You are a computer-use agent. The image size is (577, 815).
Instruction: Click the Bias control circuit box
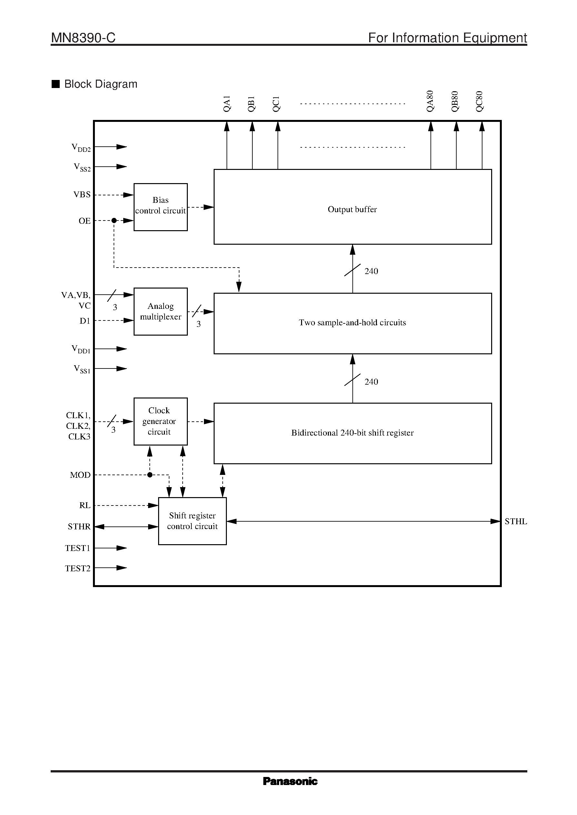(160, 207)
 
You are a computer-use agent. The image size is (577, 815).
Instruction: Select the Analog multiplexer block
(160, 311)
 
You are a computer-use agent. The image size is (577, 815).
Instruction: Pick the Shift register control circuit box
(192, 521)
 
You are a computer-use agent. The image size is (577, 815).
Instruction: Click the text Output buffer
(352, 210)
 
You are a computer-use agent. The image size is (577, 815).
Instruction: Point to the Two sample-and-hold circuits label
(352, 323)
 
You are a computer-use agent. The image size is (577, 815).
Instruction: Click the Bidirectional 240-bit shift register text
(352, 433)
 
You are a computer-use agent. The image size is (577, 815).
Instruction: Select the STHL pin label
(516, 521)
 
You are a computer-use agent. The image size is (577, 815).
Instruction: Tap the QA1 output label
(227, 104)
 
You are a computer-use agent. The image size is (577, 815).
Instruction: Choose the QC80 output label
(479, 102)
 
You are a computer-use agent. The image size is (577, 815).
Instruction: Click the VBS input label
(82, 194)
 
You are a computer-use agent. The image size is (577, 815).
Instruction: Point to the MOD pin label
(80, 475)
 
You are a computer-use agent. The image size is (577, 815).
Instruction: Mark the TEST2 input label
(78, 568)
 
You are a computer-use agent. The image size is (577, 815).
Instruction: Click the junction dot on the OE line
(114, 221)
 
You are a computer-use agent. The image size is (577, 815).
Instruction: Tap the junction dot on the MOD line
(150, 475)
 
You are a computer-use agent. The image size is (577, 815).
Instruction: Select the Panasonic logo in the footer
(290, 781)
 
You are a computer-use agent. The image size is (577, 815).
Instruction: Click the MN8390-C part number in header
(83, 38)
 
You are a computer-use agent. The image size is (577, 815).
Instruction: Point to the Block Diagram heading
(101, 84)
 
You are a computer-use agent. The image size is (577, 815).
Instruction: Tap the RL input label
(85, 505)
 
